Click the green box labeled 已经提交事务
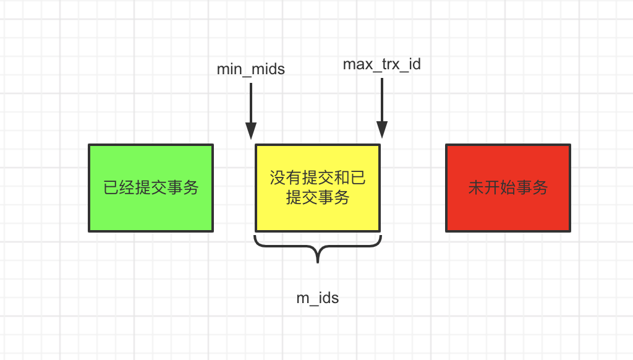pos(151,188)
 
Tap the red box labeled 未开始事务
pos(508,188)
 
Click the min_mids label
pos(250,69)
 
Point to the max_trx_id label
pos(381,64)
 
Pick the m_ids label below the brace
pos(318,298)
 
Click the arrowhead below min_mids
pos(250,131)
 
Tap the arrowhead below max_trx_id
pos(382,129)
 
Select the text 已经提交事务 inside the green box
pos(151,188)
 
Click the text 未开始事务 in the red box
pos(508,188)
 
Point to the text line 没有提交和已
pos(318,179)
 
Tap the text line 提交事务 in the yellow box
pos(318,198)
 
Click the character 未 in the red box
pos(476,188)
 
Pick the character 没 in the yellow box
pos(278,179)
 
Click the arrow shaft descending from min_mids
pos(250,102)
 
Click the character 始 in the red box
pos(508,188)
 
